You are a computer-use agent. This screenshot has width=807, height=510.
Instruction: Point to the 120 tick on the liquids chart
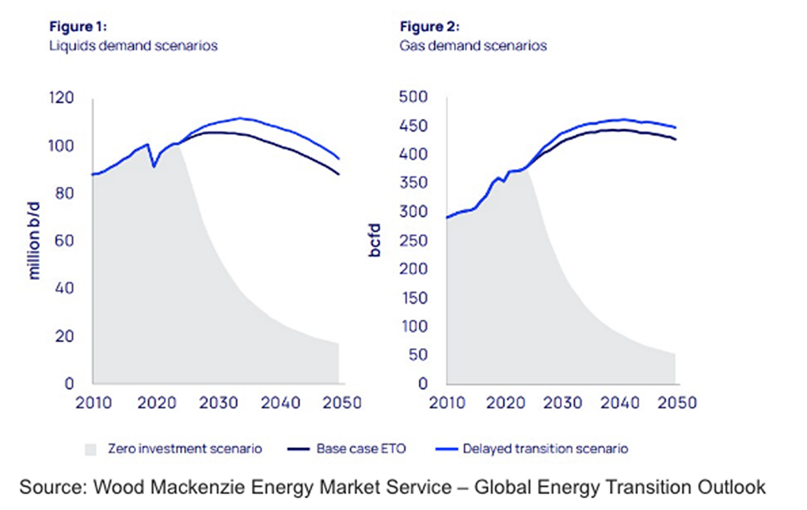click(61, 98)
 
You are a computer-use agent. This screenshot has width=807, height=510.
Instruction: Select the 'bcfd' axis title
click(374, 240)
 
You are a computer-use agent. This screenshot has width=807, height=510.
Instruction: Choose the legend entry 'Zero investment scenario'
click(184, 448)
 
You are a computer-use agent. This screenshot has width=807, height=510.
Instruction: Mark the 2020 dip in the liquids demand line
click(154, 166)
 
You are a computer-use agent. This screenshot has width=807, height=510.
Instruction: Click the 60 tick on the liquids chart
click(63, 241)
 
